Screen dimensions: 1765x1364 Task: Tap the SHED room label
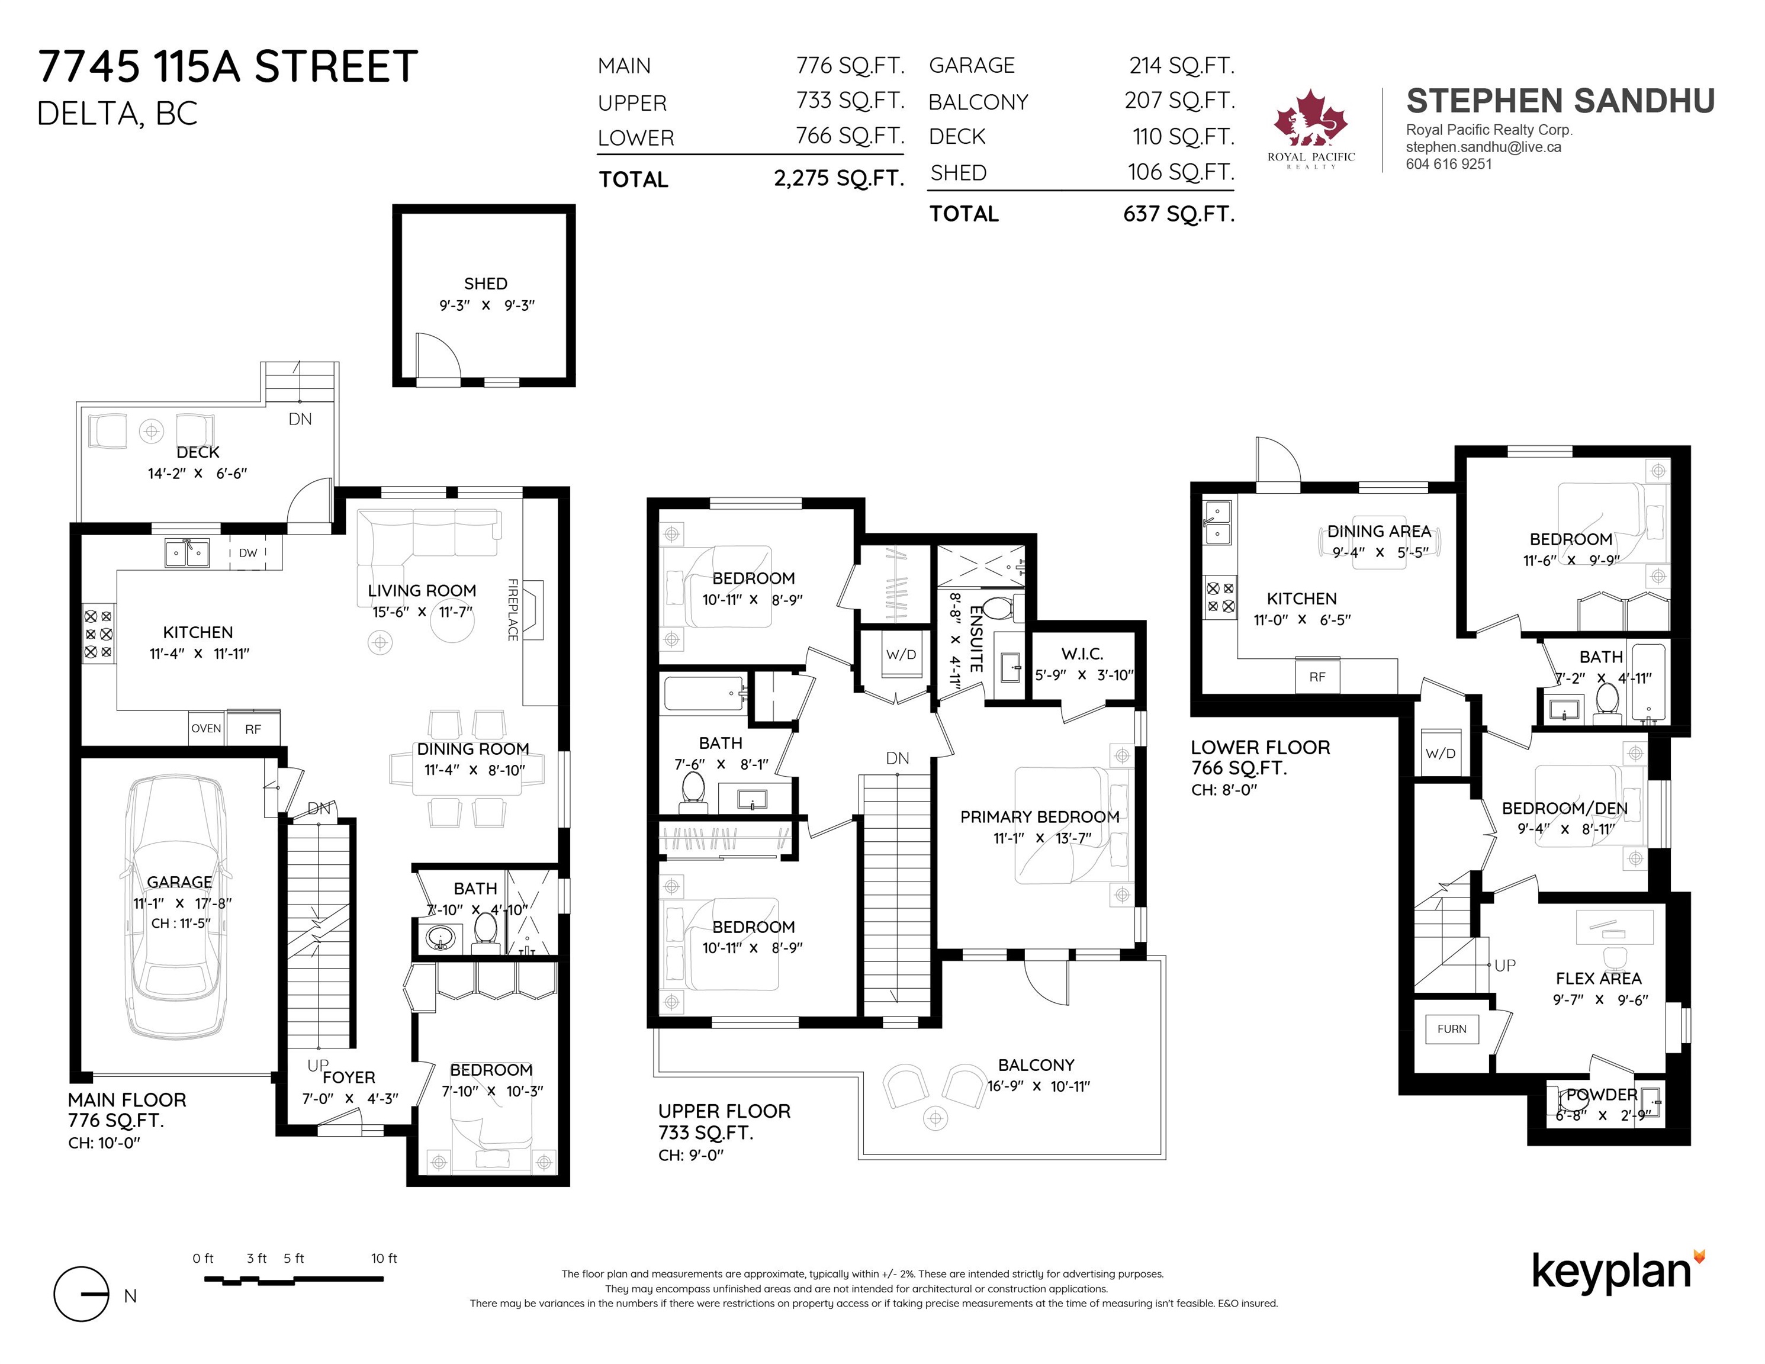tap(486, 284)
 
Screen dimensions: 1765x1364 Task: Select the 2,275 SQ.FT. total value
tap(839, 179)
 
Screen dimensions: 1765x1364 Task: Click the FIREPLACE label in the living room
tap(512, 610)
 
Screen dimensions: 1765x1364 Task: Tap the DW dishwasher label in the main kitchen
tap(248, 553)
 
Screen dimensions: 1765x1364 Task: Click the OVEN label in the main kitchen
tap(206, 728)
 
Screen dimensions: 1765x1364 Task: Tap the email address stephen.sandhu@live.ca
tap(1484, 147)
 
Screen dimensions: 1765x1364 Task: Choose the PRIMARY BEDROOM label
tap(1040, 817)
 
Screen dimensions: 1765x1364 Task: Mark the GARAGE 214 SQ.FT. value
tap(1182, 66)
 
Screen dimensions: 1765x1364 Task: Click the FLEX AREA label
tap(1599, 979)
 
